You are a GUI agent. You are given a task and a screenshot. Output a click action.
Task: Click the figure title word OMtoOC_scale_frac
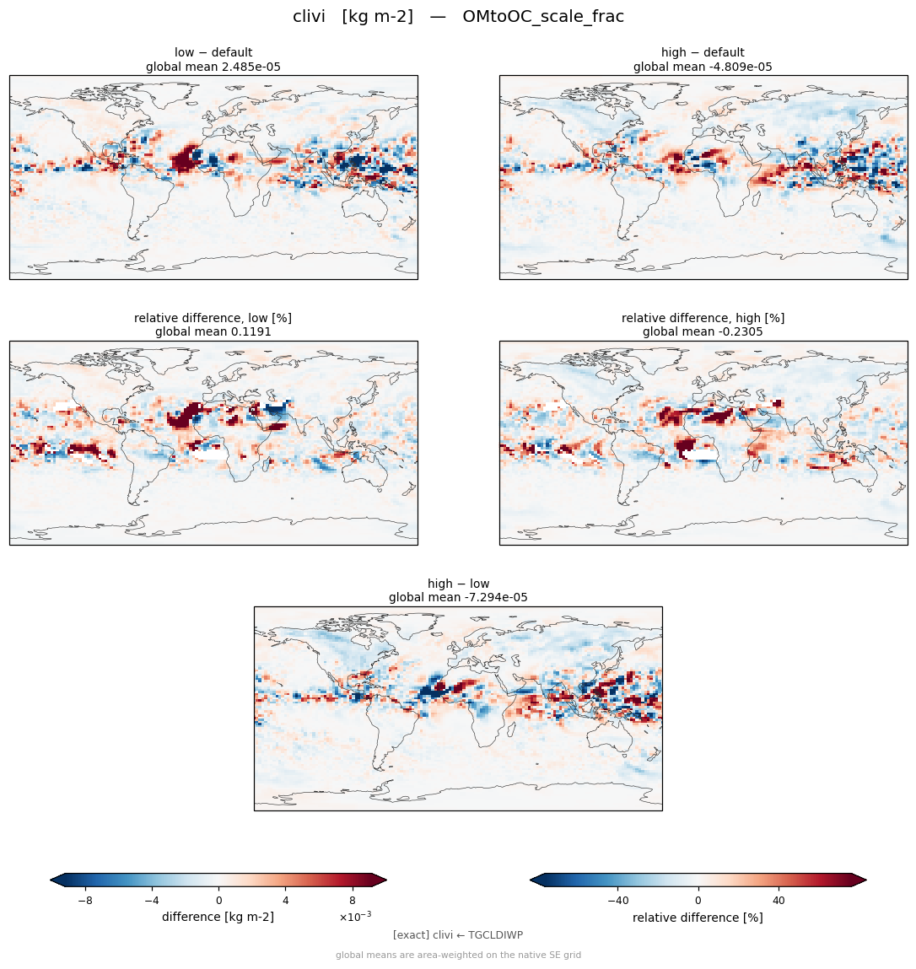[543, 17]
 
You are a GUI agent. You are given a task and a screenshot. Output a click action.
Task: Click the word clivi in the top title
[309, 16]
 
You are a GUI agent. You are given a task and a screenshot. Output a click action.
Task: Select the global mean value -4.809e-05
[735, 67]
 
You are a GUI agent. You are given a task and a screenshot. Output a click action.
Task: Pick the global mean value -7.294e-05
[493, 598]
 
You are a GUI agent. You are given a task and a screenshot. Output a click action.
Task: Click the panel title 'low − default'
[213, 52]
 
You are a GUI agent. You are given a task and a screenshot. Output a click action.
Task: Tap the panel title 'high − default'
[703, 52]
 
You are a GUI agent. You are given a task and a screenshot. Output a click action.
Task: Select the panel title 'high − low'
[459, 584]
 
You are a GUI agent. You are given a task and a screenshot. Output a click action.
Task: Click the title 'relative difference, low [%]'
[213, 318]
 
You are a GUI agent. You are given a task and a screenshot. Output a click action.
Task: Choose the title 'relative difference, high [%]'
[703, 318]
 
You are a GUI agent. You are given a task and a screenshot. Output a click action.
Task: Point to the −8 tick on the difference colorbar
[85, 901]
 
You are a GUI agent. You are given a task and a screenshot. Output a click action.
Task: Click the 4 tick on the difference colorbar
[286, 901]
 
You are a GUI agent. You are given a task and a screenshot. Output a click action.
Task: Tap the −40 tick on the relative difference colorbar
[618, 901]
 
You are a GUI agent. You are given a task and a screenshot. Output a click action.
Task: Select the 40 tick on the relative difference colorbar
[779, 901]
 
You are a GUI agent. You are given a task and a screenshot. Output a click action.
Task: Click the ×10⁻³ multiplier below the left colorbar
[355, 917]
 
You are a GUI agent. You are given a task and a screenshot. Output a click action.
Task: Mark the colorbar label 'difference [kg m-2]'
[218, 917]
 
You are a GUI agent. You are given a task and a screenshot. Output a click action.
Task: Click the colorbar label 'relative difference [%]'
[698, 918]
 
